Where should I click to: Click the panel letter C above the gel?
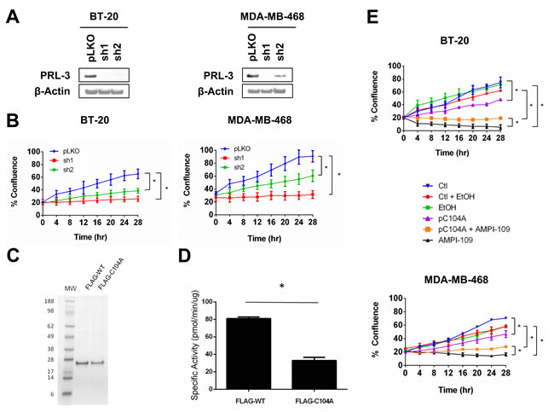[x=11, y=254]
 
